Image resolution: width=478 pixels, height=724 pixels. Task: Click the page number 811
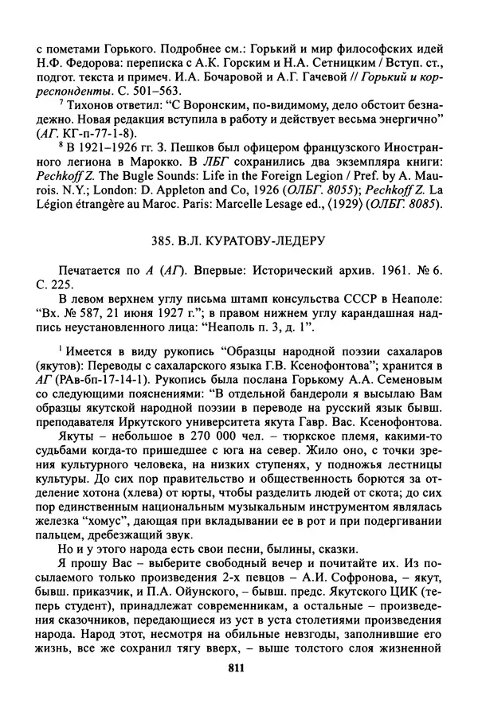pos(239,691)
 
